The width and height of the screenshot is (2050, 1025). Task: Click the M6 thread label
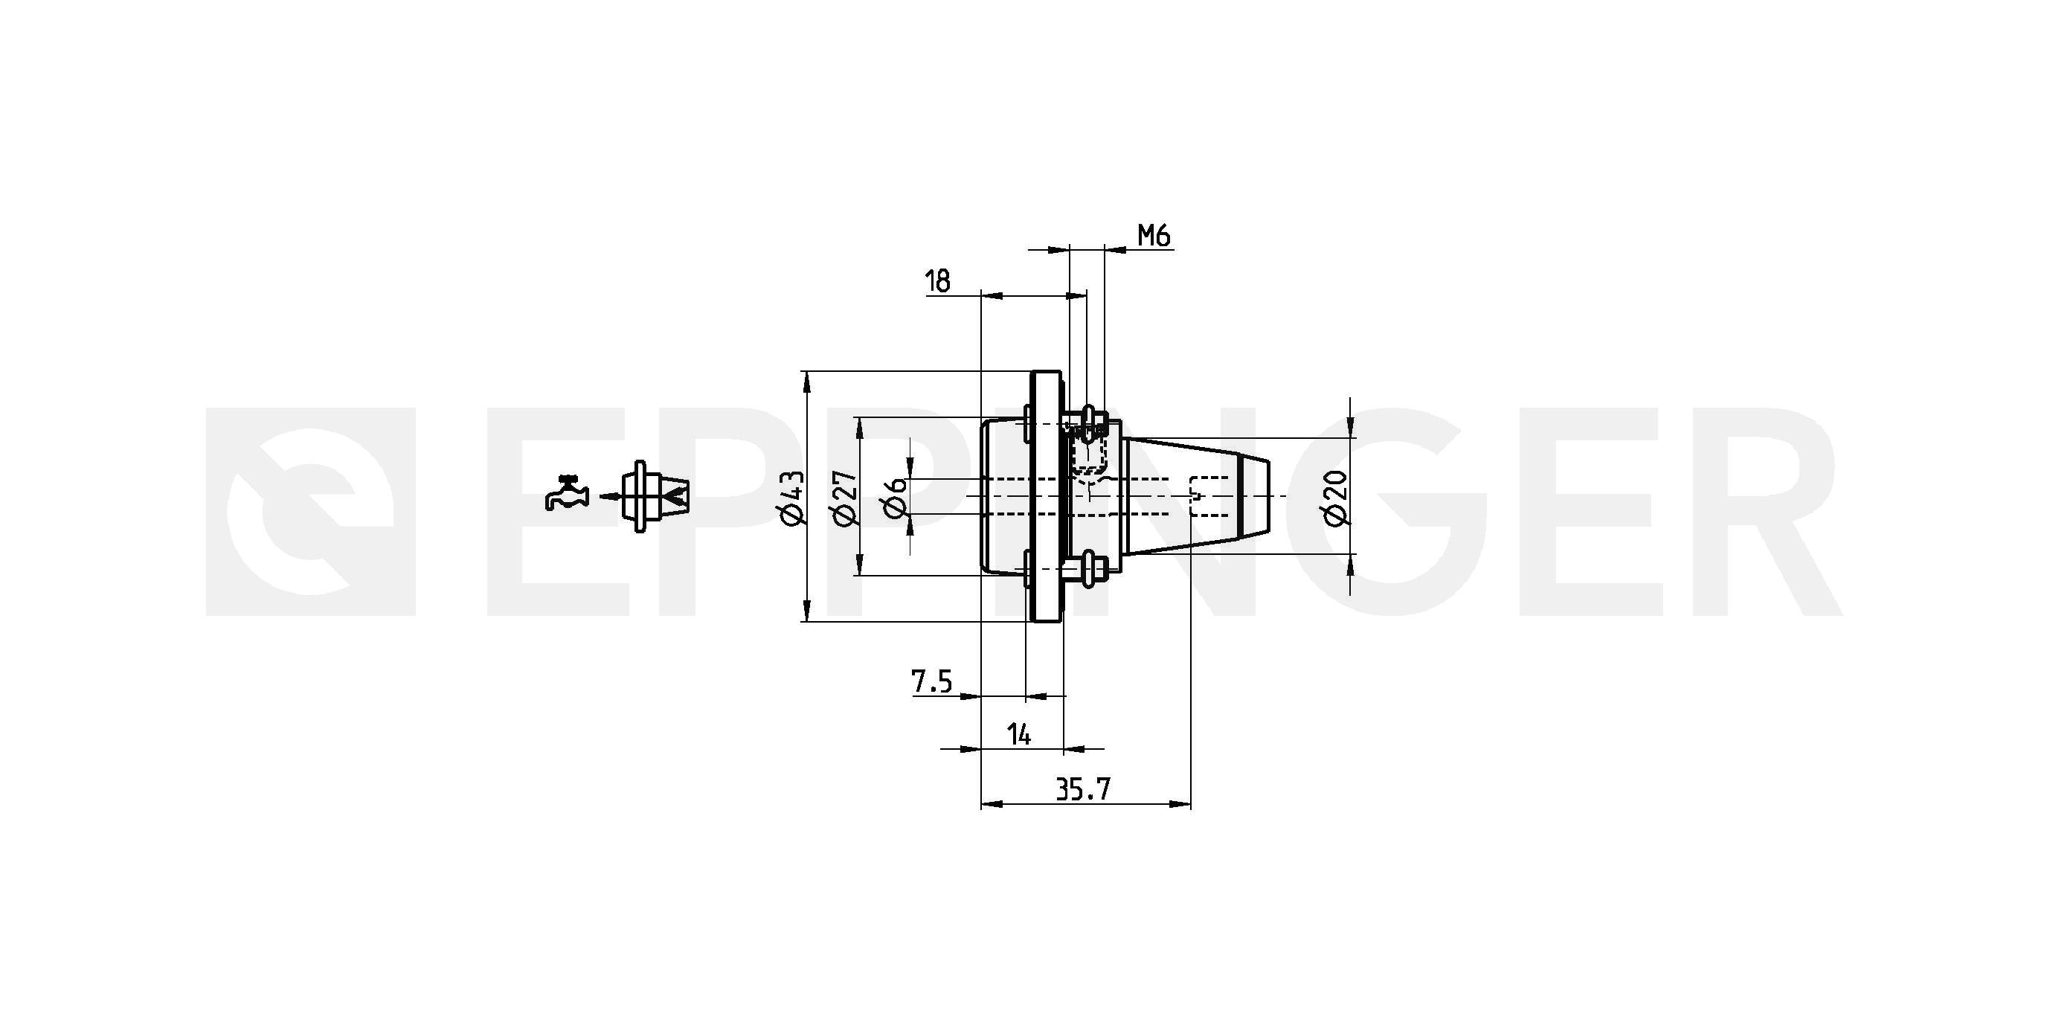(x=1154, y=236)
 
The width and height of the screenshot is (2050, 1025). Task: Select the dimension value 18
(x=938, y=281)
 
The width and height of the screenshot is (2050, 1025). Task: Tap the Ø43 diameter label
(x=794, y=498)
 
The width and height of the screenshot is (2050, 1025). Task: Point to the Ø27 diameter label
(x=844, y=498)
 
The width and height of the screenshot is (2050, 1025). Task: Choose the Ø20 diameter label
(x=1337, y=498)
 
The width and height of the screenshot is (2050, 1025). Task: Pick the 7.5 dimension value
(x=931, y=682)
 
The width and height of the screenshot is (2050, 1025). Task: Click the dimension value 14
(x=1018, y=734)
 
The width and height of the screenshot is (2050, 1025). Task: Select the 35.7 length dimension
(x=1082, y=790)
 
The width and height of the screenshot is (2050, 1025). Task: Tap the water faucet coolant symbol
(x=567, y=492)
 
